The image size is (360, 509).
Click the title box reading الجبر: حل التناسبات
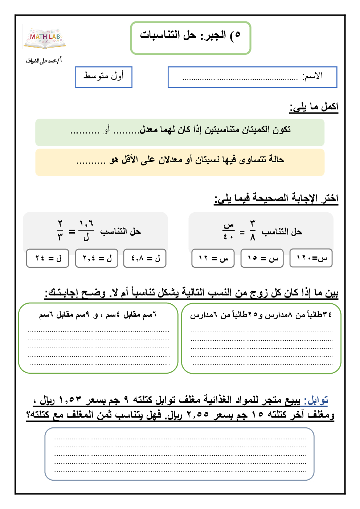(x=191, y=38)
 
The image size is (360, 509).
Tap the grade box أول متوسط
(x=104, y=77)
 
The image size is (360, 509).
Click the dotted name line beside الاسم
(x=240, y=78)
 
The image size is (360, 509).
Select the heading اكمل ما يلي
(x=314, y=107)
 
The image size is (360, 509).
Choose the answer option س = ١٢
(x=213, y=258)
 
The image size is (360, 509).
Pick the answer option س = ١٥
(x=262, y=258)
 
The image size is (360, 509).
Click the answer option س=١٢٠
(x=311, y=258)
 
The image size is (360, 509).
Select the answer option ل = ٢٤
(x=48, y=258)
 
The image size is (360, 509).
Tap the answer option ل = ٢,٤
(x=97, y=258)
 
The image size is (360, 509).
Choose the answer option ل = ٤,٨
(x=145, y=258)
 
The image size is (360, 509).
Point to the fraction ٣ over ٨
(x=253, y=231)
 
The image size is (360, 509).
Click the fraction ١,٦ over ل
(x=86, y=231)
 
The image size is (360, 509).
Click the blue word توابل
(x=316, y=400)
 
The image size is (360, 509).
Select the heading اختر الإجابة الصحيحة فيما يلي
(x=276, y=198)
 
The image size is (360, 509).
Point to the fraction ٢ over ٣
(x=60, y=231)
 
